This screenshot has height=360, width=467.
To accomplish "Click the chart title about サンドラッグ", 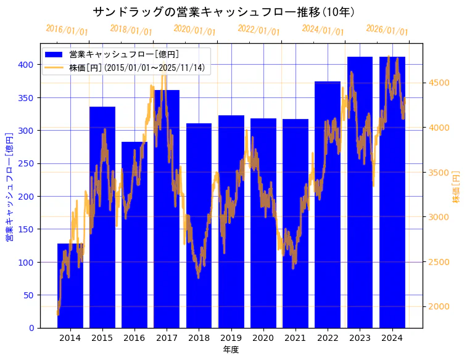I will (223, 12).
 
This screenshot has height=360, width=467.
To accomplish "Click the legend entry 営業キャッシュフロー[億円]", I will (124, 55).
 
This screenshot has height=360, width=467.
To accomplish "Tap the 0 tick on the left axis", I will (31, 328).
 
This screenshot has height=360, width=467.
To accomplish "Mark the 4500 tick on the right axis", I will (439, 83).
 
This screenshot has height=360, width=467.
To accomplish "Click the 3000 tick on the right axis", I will (439, 217).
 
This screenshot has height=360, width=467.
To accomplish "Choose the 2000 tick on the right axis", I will (439, 306).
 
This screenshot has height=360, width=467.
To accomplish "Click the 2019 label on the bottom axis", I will (231, 338).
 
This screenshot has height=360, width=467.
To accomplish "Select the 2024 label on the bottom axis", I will (392, 338).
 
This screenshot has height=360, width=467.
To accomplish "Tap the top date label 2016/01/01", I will (67, 30).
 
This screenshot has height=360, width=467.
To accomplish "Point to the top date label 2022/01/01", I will (258, 30).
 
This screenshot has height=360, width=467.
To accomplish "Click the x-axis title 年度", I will (231, 350).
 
